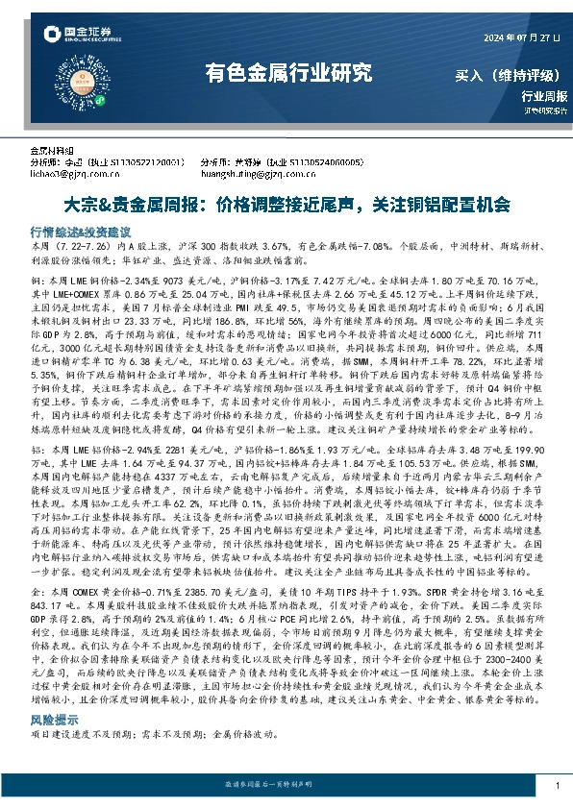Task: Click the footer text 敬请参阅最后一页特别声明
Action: [x=286, y=786]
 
